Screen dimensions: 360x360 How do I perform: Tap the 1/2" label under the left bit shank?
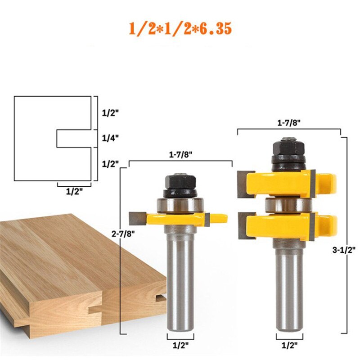pos(180,346)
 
